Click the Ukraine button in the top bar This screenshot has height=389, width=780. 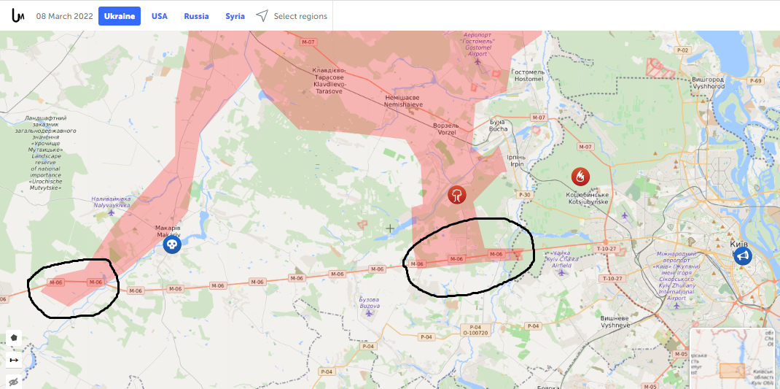click(120, 16)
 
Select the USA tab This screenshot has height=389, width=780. click(160, 16)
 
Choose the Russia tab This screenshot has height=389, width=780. click(196, 16)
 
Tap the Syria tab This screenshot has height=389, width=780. click(235, 16)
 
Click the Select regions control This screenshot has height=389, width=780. click(292, 16)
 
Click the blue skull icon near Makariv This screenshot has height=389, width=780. click(171, 244)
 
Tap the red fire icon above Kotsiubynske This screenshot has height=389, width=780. click(580, 176)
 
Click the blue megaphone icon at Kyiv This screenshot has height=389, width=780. click(742, 255)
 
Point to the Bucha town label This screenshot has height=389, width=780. click(498, 125)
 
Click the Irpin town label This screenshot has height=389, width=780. click(516, 161)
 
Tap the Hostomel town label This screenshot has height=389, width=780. click(528, 75)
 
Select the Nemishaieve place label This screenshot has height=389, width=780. click(403, 101)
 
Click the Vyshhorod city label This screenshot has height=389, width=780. click(709, 82)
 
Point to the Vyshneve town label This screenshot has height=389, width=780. click(615, 322)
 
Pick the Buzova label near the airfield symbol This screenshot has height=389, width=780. click(370, 303)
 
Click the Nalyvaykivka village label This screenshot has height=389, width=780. click(111, 202)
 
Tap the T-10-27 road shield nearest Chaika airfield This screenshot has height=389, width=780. click(607, 249)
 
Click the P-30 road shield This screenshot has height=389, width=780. click(524, 195)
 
